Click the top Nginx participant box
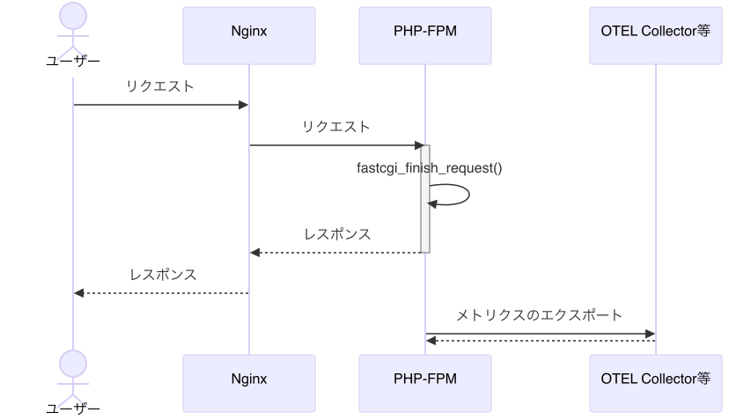tap(248, 35)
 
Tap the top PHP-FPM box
tap(424, 35)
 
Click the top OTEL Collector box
tap(655, 35)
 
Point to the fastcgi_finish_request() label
tap(430, 167)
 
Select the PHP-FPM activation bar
tap(424, 199)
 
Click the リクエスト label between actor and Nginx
tap(160, 87)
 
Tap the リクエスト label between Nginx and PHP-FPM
tap(336, 127)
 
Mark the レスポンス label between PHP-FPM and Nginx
tap(337, 234)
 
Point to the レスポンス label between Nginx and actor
tap(162, 275)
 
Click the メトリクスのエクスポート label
tap(539, 315)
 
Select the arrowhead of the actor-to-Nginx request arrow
tap(244, 106)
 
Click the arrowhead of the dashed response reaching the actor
tap(78, 293)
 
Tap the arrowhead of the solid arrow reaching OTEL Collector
tap(650, 334)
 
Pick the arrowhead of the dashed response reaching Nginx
tap(255, 253)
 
